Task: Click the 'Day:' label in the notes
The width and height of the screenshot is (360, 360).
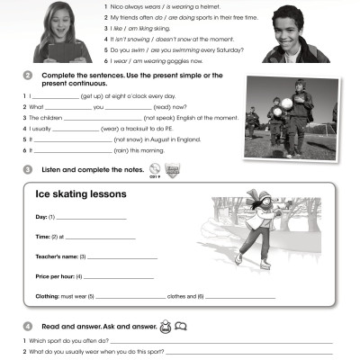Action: [40, 217]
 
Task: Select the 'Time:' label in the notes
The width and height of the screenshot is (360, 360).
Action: [41, 237]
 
